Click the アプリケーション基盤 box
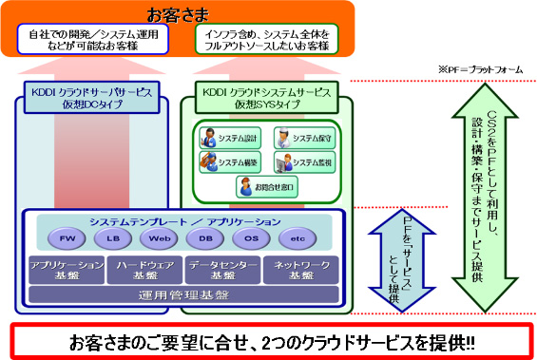[x=66, y=270]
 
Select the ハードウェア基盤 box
[x=142, y=270]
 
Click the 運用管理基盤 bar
[x=182, y=294]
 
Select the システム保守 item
[x=301, y=138]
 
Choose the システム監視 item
[x=301, y=162]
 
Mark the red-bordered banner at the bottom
[x=268, y=341]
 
